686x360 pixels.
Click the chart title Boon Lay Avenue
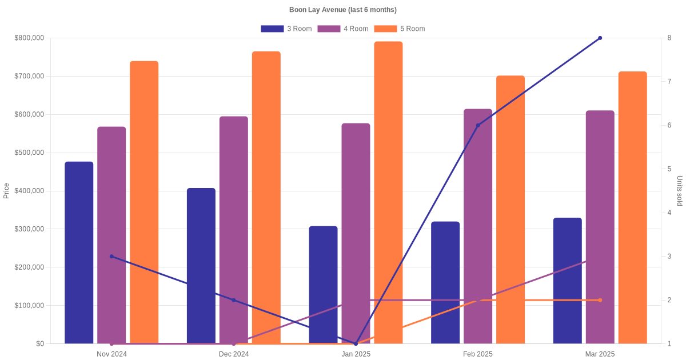pyautogui.click(x=343, y=10)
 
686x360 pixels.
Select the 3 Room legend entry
pyautogui.click(x=286, y=29)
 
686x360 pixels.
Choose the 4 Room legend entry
pyautogui.click(x=342, y=29)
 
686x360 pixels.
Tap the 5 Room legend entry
pyautogui.click(x=399, y=29)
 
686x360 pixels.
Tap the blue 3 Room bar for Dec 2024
pyautogui.click(x=201, y=266)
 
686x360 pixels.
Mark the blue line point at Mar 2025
pyautogui.click(x=600, y=38)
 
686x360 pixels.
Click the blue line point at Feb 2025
pyautogui.click(x=478, y=125)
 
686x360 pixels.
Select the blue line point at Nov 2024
pyautogui.click(x=111, y=257)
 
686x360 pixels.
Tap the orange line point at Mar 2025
pyautogui.click(x=600, y=300)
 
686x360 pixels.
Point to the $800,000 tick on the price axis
pyautogui.click(x=29, y=38)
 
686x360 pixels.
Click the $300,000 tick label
pyautogui.click(x=29, y=229)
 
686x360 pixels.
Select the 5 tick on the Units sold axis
pyautogui.click(x=669, y=169)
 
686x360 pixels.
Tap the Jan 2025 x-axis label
pyautogui.click(x=356, y=354)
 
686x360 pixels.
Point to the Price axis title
pyautogui.click(x=6, y=191)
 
